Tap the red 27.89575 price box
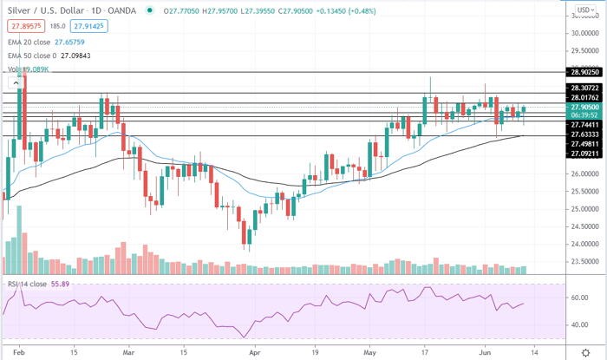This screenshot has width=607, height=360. (22, 27)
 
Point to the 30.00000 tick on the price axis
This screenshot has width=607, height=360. (584, 33)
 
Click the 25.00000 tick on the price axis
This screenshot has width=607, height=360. (584, 209)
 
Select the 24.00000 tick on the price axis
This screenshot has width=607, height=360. (584, 244)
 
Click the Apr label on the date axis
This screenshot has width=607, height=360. (254, 354)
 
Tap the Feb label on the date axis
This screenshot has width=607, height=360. (21, 354)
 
